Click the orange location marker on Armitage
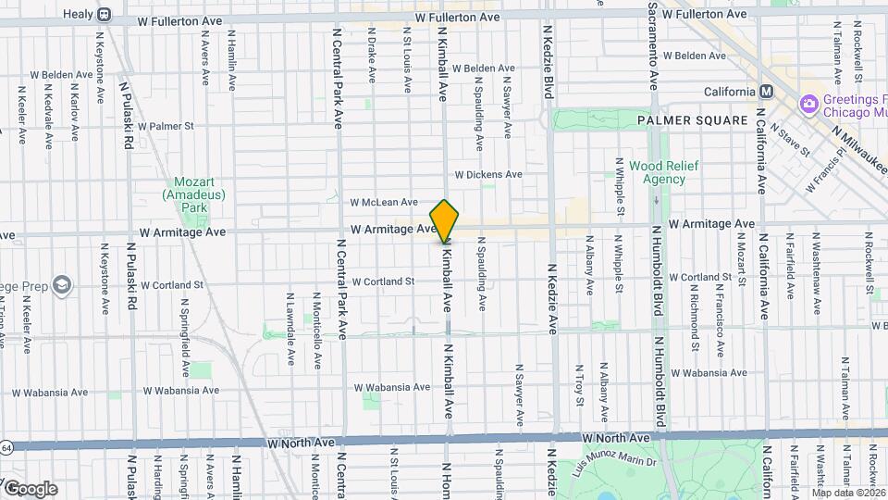tap(445, 221)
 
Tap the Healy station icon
tap(104, 15)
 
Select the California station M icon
tap(766, 92)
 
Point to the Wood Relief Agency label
tap(657, 172)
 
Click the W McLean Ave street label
tap(383, 202)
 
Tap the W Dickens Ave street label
tap(487, 174)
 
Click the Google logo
tap(30, 488)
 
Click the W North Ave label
tap(616, 437)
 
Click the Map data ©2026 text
tap(848, 492)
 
